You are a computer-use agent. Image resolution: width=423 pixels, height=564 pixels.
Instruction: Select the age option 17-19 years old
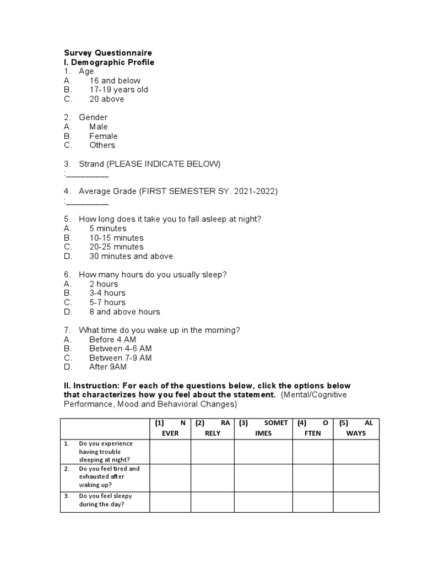tap(118, 90)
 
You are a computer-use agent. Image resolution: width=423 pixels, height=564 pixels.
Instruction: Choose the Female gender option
tap(103, 136)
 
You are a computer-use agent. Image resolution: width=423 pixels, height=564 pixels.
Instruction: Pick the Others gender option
tap(102, 145)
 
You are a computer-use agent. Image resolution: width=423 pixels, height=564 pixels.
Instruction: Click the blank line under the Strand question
tap(87, 175)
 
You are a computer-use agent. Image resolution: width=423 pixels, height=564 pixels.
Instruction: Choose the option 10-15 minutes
tap(116, 238)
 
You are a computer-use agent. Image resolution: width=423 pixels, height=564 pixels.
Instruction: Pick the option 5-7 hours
tap(107, 302)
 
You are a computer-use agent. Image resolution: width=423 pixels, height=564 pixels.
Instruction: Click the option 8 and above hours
tap(124, 312)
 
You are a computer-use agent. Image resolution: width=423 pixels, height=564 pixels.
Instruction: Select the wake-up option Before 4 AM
tap(112, 339)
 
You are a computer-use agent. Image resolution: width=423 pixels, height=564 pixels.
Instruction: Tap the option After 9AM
tap(107, 367)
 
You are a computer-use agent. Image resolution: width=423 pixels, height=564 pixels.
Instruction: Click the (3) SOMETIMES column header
tap(263, 428)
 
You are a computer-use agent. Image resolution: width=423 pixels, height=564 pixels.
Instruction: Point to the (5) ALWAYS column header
tap(356, 428)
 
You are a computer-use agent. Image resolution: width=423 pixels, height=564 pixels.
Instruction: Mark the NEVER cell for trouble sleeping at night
tap(170, 452)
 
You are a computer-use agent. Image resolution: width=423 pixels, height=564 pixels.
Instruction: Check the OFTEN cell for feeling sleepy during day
tap(312, 502)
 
